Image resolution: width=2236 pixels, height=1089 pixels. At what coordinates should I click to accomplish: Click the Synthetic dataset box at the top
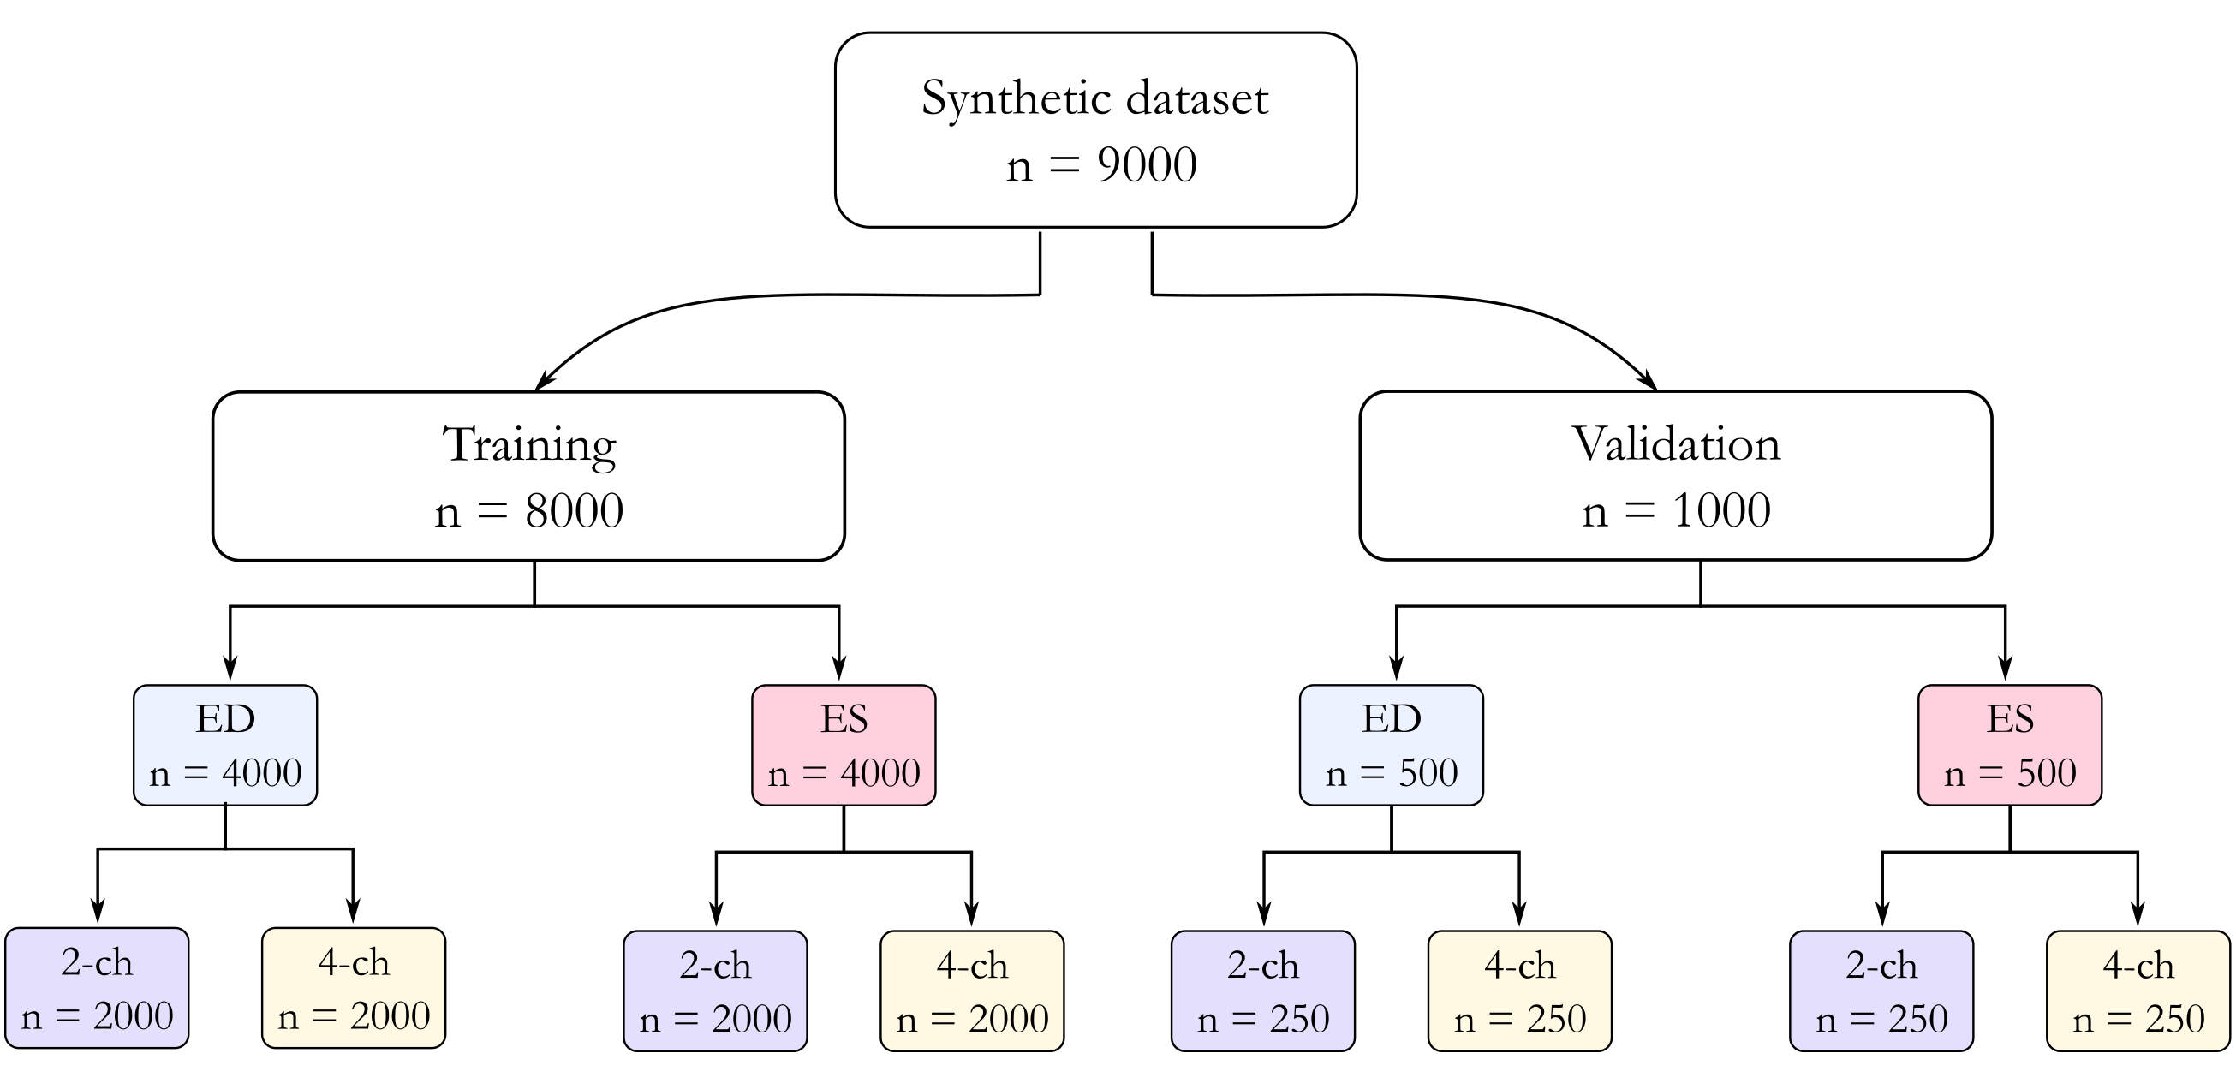1095,130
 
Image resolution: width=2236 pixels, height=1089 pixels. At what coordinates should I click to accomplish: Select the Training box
528,476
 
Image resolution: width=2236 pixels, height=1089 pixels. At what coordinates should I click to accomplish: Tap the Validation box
1675,476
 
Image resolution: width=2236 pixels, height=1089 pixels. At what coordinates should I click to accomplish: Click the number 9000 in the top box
1147,165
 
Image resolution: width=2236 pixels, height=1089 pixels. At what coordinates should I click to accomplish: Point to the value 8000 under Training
574,511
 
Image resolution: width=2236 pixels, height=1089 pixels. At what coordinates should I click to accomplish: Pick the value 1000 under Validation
1721,511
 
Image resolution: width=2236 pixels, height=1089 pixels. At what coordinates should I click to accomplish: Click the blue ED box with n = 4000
225,746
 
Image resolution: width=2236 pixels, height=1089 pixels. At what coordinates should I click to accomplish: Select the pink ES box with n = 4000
844,746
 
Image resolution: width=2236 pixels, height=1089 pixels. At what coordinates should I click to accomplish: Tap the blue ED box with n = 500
1392,746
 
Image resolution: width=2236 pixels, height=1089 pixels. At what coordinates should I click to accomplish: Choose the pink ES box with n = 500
2009,746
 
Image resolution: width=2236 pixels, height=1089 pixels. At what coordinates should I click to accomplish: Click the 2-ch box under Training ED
97,988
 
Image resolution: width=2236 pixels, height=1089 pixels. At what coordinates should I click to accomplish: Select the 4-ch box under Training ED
354,988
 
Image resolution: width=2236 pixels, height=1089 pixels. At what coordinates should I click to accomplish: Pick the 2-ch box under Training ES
715,991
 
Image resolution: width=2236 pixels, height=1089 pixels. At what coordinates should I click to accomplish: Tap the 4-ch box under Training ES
972,991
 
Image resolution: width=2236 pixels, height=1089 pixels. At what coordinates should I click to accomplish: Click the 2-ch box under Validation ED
1263,991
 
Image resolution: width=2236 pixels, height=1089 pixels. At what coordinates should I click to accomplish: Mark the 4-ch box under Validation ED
1520,991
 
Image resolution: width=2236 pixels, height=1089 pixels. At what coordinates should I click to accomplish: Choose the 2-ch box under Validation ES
1881,991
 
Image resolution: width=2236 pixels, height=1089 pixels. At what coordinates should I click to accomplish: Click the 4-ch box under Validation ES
2138,991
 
